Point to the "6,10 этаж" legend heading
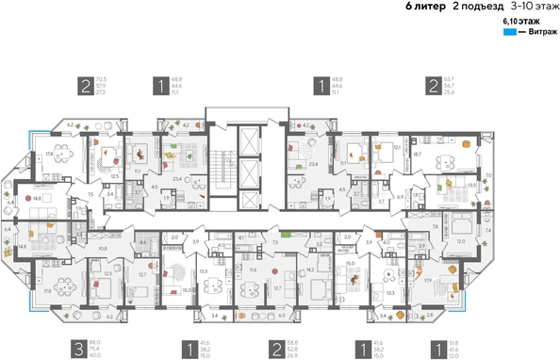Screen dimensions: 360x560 coord(520,20)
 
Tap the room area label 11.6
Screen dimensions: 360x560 coord(253,270)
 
